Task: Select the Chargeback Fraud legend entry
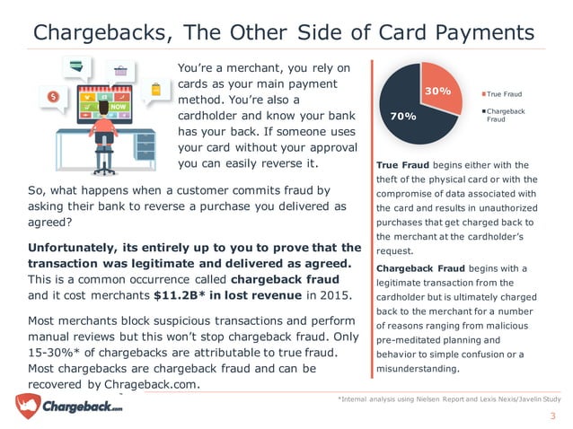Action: (x=507, y=115)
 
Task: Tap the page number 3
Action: (x=553, y=416)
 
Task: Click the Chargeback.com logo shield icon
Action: (x=28, y=405)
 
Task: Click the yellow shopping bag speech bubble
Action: (x=158, y=90)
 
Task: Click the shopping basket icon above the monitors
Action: (x=119, y=69)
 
